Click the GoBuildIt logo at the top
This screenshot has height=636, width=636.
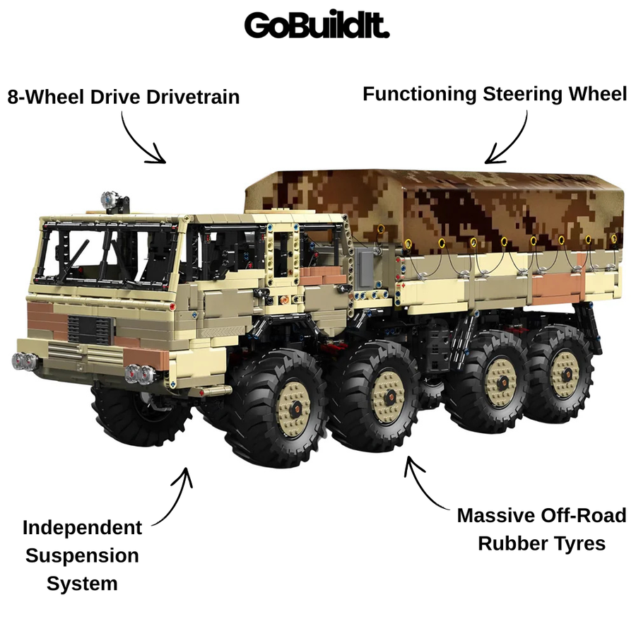(317, 25)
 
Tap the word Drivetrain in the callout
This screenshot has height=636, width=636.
(193, 97)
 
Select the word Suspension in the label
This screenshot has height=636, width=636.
(82, 556)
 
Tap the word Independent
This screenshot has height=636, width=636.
(83, 528)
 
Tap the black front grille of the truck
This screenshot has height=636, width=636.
(89, 330)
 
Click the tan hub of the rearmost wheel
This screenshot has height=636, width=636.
(565, 373)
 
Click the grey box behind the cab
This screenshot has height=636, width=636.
(364, 267)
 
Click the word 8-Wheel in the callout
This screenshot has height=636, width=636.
(46, 97)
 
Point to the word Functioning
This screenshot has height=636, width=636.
(419, 95)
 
